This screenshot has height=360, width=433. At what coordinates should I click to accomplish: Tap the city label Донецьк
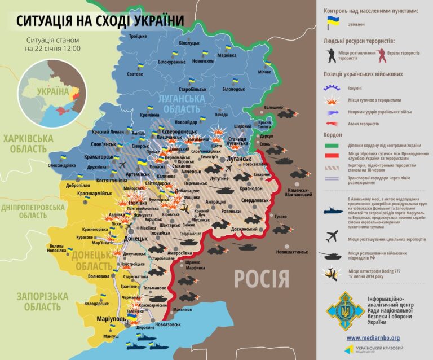(x=135, y=239)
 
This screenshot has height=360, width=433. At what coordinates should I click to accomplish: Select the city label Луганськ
(x=238, y=159)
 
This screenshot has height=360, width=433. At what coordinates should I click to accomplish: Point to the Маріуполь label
(x=111, y=319)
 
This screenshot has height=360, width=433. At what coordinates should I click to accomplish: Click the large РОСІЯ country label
(x=261, y=279)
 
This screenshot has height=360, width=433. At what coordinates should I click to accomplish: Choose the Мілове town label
(x=264, y=72)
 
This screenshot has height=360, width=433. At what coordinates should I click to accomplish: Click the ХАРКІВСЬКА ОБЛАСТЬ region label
(x=28, y=144)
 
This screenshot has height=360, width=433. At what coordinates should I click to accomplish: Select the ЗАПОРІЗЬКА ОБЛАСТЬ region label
(x=42, y=301)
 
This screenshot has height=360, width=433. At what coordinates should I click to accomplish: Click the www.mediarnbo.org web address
(x=373, y=338)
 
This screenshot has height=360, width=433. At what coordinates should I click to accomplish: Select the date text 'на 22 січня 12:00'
(x=52, y=49)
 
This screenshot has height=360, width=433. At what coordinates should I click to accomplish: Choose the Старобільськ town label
(x=192, y=89)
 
